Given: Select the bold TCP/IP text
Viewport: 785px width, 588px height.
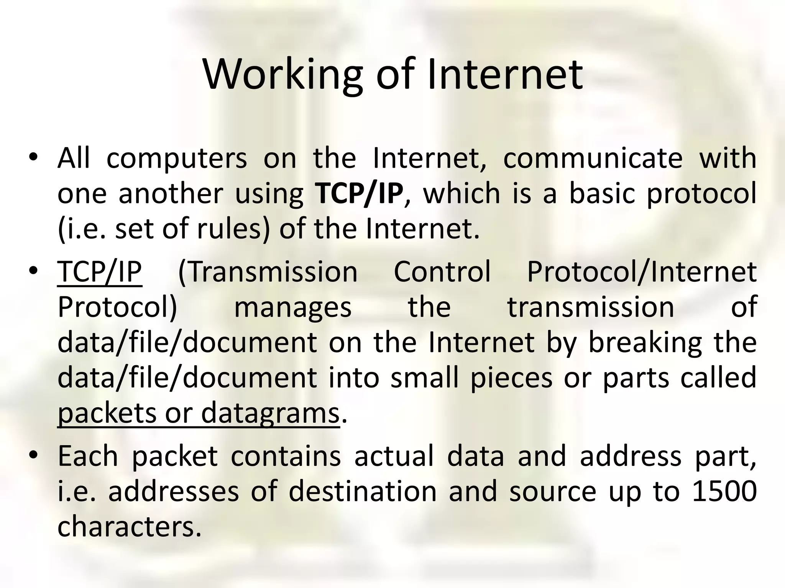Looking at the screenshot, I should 359,193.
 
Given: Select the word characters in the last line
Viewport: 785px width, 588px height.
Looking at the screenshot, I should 129,526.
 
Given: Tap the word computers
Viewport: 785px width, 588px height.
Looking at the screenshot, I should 177,158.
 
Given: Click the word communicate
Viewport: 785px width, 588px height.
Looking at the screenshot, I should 593,158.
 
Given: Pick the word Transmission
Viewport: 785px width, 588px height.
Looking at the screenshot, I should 268,272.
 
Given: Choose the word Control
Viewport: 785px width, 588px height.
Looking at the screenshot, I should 442,272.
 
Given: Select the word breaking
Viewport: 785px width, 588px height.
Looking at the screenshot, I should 645,343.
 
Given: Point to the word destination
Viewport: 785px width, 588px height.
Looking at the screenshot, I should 363,491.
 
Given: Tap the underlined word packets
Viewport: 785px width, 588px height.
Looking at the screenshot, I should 106,413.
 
